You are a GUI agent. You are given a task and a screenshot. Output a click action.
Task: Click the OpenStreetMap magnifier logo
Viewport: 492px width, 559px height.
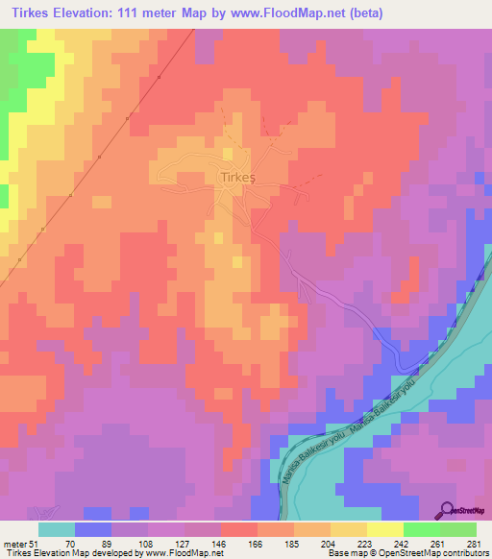click(x=447, y=510)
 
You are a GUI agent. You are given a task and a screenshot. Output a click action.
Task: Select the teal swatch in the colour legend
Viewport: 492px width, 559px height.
click(x=57, y=529)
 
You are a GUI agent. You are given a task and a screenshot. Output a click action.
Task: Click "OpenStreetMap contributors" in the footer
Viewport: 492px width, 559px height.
click(x=438, y=552)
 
